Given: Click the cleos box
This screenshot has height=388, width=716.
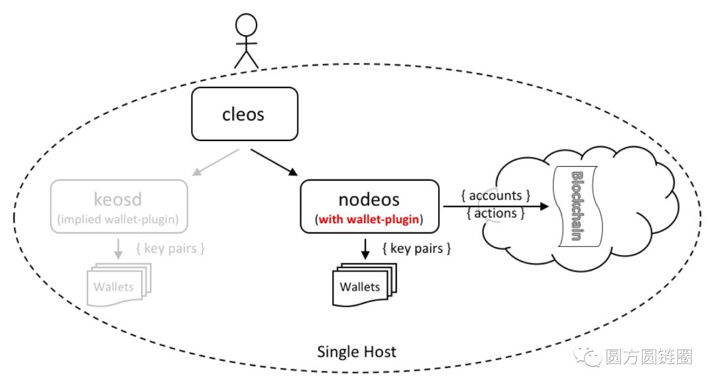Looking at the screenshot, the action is point(245,114).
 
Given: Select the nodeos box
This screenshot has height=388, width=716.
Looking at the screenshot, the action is point(369,207).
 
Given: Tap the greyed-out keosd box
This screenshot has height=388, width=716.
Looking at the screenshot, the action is point(119,207).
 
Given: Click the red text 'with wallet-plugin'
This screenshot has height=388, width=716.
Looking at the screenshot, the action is point(369,219).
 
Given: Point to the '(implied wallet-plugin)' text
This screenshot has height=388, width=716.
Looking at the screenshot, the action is point(118,219).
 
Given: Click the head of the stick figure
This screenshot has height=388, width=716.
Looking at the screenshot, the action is point(246,24).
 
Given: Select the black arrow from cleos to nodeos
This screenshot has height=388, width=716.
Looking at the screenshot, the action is point(274,162).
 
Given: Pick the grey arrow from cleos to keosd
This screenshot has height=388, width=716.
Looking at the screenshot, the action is point(215,162).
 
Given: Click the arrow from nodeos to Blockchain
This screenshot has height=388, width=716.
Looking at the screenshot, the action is point(496,207).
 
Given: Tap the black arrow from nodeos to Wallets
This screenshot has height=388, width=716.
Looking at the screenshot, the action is point(365,249).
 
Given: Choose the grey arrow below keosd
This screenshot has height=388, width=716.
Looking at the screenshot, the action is point(118,249).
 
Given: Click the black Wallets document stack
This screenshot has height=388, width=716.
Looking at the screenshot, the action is point(365,285).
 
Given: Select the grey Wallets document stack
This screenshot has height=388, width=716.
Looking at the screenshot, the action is point(119,285).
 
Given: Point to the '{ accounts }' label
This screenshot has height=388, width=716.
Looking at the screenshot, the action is point(495,195).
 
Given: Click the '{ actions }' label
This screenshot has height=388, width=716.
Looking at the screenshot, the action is point(495,213).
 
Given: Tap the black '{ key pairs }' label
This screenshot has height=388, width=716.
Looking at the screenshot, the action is point(416,248).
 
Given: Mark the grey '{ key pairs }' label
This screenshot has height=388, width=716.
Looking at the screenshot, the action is point(170,248).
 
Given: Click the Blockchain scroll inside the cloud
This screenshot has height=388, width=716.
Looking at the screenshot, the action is point(577,207).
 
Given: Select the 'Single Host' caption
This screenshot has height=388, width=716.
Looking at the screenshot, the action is point(357,352).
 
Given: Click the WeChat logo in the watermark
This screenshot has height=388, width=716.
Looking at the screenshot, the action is point(587,356).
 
